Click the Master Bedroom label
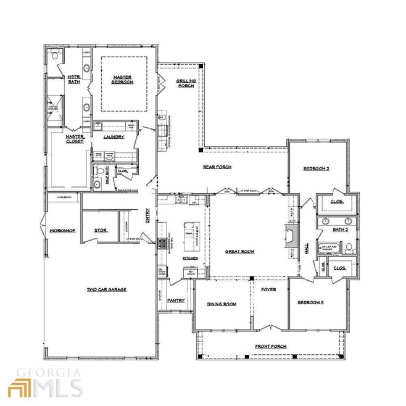point(123,80)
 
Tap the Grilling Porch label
point(186,84)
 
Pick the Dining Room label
point(222,304)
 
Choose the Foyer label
point(268,289)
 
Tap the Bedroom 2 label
point(317,168)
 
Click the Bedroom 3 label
point(311,302)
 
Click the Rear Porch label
point(217,167)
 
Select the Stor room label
point(101,230)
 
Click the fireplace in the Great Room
point(292,236)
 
